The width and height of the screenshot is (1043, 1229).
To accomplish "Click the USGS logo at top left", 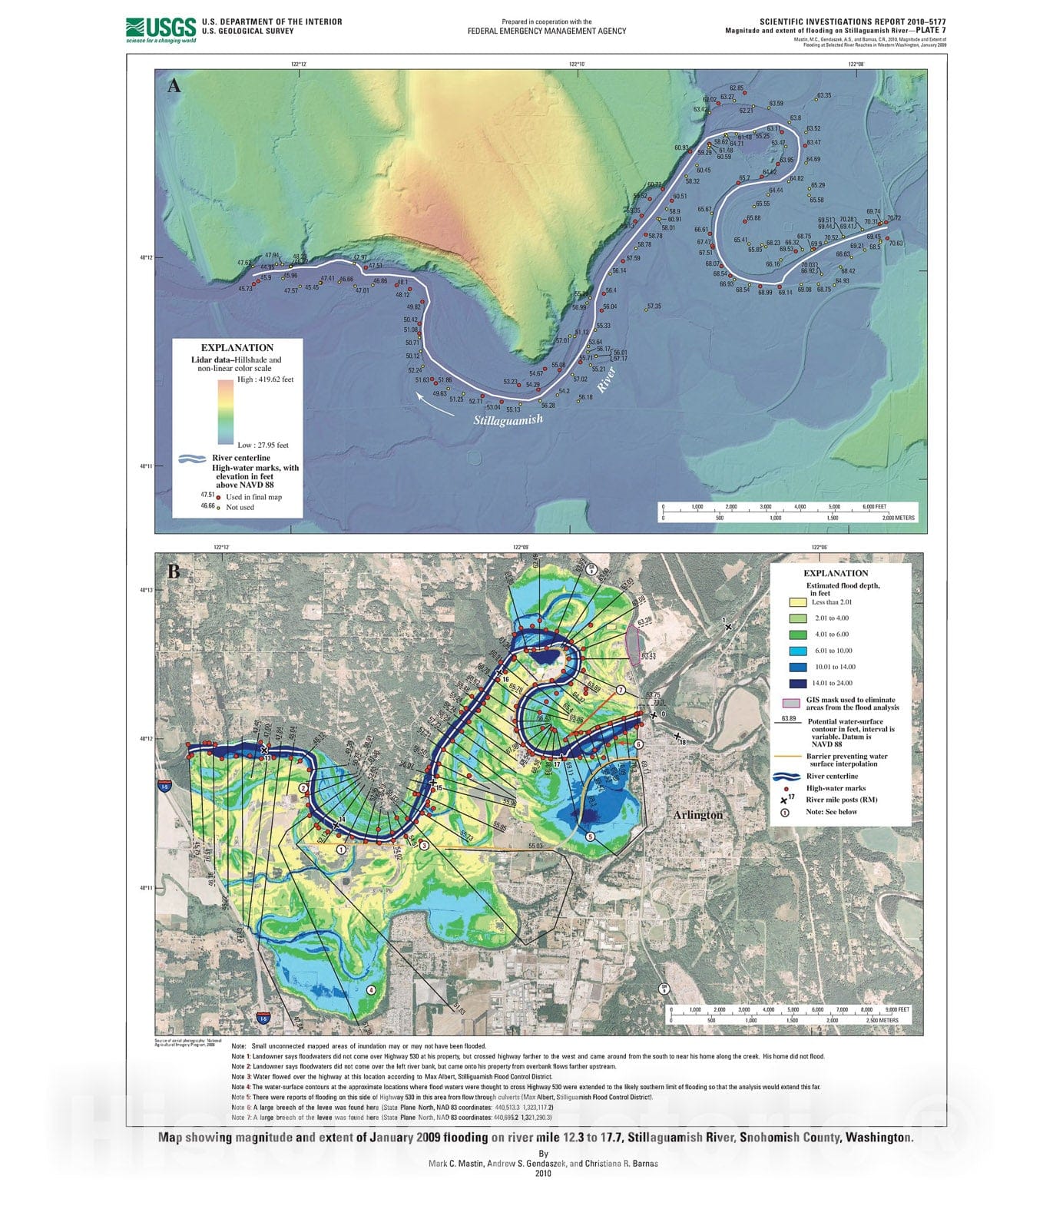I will coord(161,29).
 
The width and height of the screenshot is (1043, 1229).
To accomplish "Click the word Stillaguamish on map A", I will coord(508,419).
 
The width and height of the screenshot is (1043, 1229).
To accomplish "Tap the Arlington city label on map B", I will coord(698,814).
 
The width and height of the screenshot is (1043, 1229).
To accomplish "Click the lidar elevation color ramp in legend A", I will coord(225,412).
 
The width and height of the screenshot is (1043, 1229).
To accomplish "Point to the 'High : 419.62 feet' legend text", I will coord(265,379).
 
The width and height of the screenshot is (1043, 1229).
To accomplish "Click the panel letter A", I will coord(174,86).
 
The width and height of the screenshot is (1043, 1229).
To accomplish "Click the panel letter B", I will coord(174,571).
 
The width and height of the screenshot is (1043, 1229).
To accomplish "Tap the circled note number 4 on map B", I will coord(372,990).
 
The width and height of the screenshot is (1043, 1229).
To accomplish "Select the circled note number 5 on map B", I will coord(590,836).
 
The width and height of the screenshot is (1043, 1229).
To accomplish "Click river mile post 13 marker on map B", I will coord(264,750).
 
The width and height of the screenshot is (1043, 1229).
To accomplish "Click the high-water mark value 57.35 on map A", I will coord(654,306).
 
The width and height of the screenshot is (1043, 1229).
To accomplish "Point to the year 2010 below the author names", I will coord(543,1173).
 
